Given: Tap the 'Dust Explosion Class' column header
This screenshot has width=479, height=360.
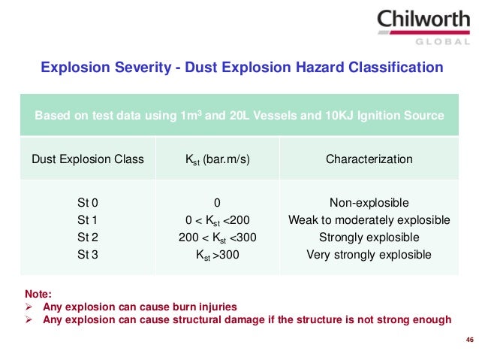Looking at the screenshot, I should pos(87,159).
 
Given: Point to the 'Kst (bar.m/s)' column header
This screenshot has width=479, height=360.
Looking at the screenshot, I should pos(217,159).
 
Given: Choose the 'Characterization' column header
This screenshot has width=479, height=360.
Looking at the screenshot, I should pos(369,159).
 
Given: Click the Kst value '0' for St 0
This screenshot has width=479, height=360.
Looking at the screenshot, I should pos(217,203).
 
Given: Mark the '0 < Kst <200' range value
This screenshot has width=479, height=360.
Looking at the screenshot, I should pos(217,220).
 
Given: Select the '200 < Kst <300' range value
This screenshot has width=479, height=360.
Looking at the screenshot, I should pos(217,237).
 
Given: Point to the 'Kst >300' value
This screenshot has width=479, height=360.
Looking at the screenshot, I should pos(217,255).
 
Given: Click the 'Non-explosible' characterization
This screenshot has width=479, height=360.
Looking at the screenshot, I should pos(369,203).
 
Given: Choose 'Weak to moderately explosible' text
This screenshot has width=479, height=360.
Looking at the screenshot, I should pos(369,220).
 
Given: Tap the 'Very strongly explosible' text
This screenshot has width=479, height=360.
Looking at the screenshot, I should pos(369,255).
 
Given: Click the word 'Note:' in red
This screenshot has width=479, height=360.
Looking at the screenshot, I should pos(38,295).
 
